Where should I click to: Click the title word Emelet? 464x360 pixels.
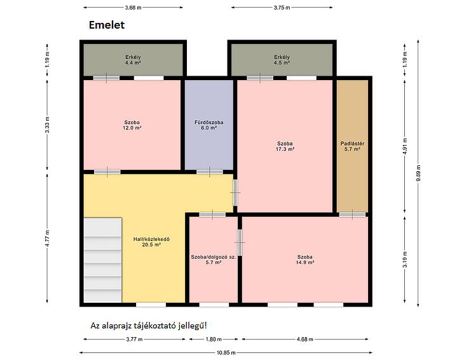(107, 25)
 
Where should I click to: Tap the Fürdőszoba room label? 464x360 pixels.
(209, 122)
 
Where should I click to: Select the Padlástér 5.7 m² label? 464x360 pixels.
(352, 146)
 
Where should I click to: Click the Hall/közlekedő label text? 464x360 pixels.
(151, 239)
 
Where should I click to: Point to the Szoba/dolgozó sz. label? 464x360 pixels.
(214, 257)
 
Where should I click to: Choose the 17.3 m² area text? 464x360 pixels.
(285, 149)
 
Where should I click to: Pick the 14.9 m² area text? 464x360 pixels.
(305, 262)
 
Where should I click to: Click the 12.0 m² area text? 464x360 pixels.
(132, 128)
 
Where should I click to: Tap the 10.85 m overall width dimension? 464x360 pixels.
(226, 352)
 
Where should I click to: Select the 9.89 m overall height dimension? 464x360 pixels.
(418, 174)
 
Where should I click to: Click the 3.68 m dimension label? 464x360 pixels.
(133, 8)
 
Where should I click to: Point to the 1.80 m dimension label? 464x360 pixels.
(214, 339)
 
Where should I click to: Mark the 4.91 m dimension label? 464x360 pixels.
(405, 146)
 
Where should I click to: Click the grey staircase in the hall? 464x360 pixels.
(103, 260)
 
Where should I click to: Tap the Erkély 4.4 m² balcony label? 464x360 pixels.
(133, 60)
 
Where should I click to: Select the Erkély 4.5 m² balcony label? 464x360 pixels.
(282, 60)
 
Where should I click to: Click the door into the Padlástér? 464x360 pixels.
(352, 214)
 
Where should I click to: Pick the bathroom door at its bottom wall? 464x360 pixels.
(210, 172)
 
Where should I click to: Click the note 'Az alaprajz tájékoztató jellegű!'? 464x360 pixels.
(149, 326)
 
